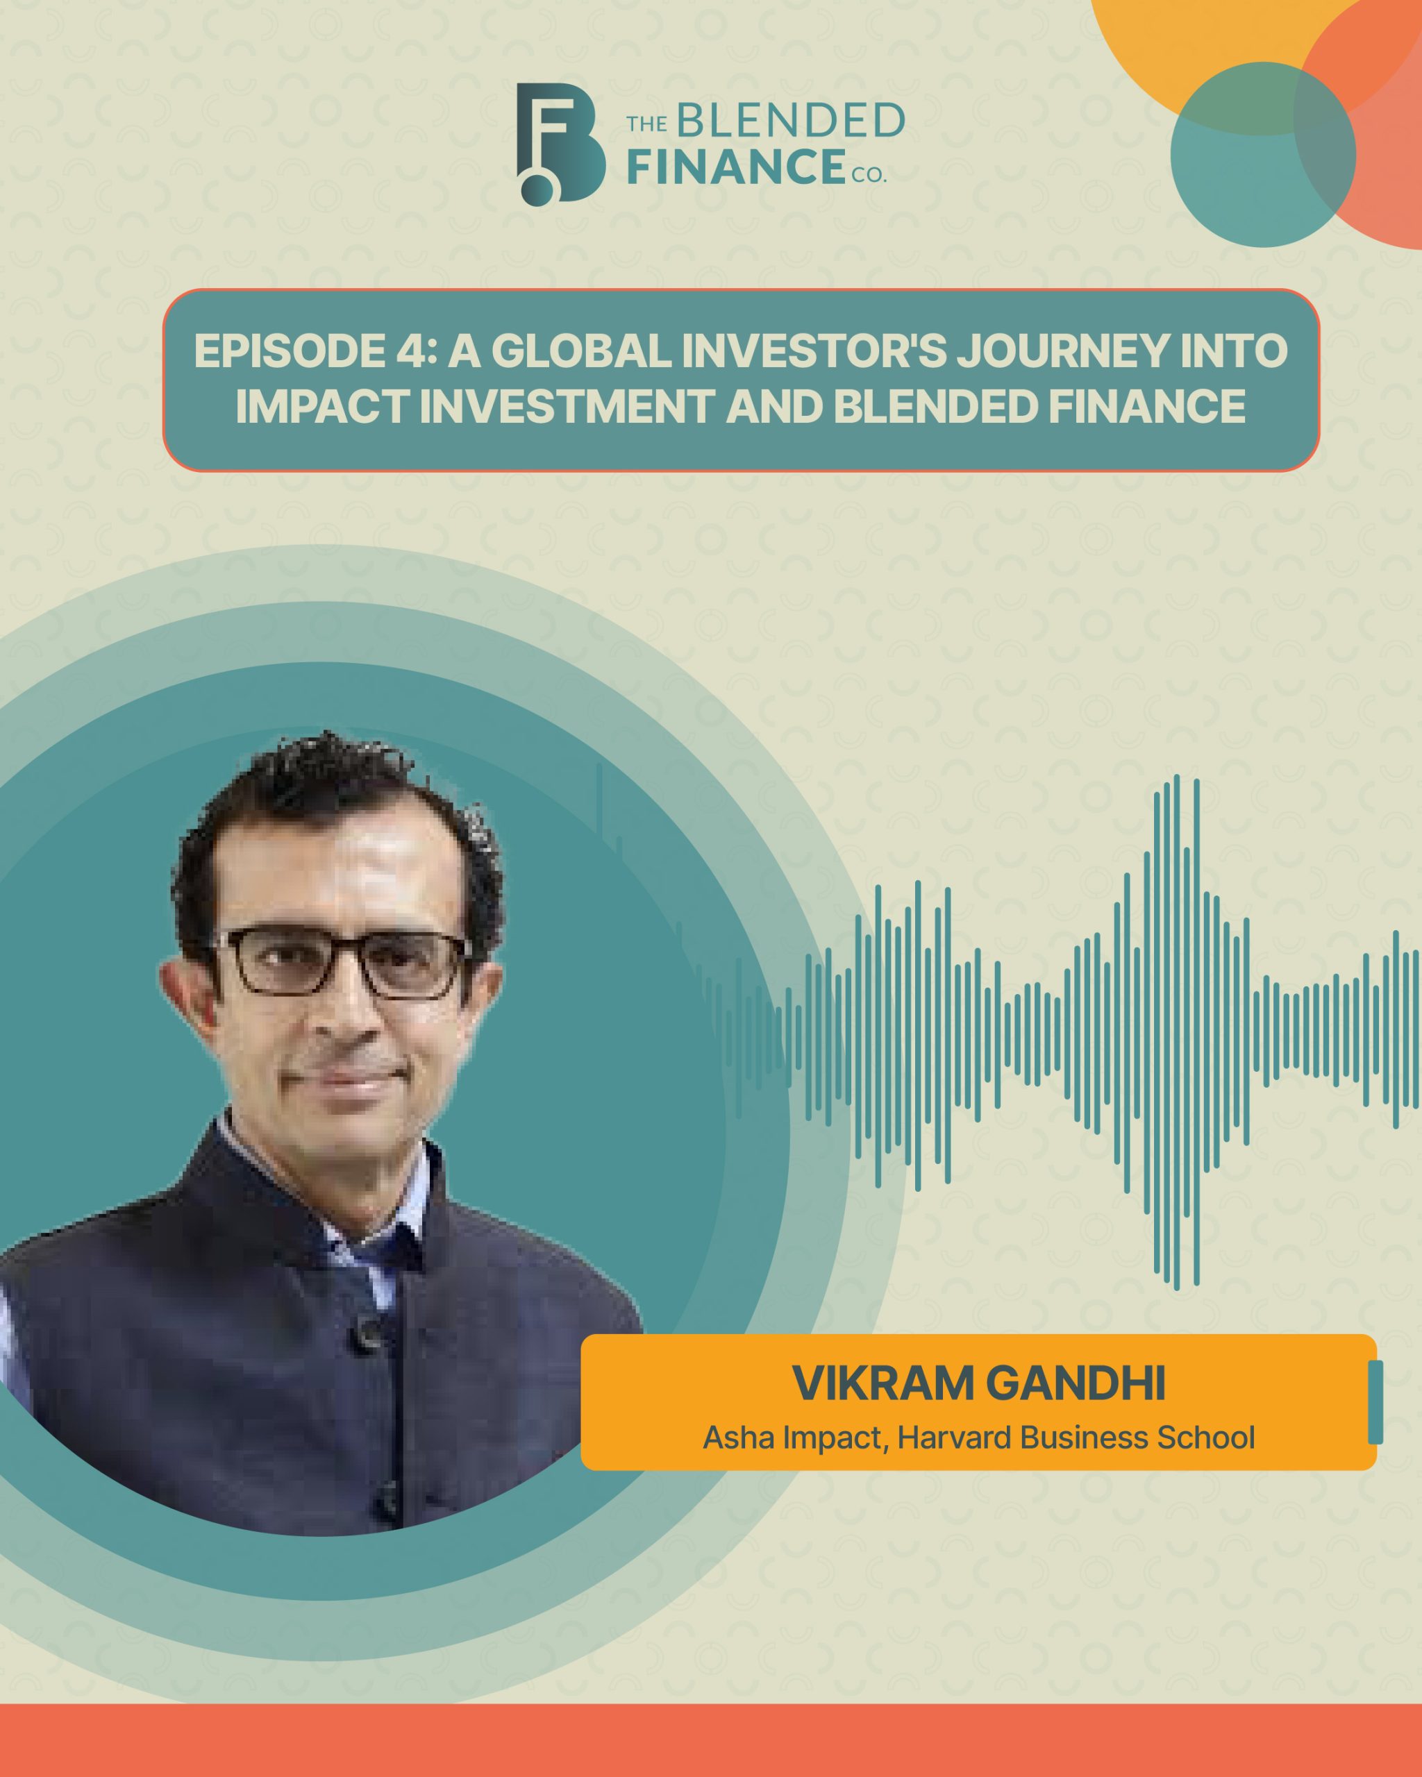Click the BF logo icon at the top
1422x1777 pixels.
click(560, 144)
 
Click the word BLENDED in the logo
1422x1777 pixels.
click(791, 122)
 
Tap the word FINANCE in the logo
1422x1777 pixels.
click(736, 167)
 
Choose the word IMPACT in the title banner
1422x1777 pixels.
click(322, 407)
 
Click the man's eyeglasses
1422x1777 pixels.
click(342, 962)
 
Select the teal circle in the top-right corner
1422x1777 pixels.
click(1262, 154)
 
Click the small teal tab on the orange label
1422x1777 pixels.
click(1375, 1402)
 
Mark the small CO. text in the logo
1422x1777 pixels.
click(869, 175)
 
